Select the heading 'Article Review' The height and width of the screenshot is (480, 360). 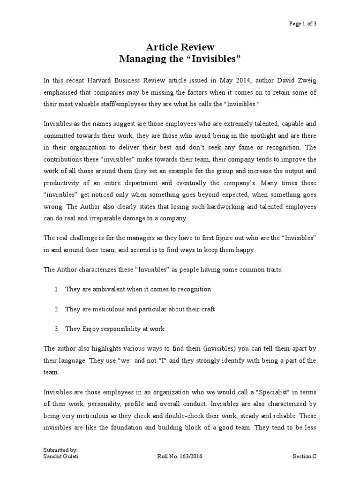(180, 47)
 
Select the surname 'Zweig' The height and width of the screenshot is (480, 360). (306, 80)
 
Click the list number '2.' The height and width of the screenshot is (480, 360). (56, 310)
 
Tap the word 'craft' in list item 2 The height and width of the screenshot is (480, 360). (207, 310)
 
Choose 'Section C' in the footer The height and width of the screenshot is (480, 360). (305, 456)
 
